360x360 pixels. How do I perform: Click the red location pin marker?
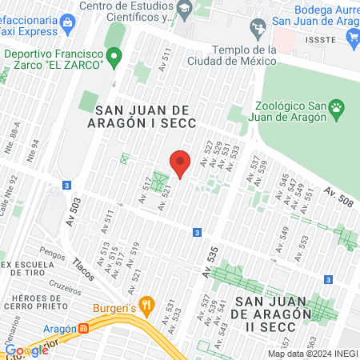click(x=181, y=163)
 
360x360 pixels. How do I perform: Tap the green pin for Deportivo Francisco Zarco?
click(x=114, y=56)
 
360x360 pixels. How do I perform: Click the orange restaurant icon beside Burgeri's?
click(x=146, y=305)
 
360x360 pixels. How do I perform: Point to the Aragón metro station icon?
click(x=84, y=329)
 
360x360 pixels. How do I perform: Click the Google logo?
click(x=26, y=350)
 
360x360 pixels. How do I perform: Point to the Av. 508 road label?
click(x=338, y=195)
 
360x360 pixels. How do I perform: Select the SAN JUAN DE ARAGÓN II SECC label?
click(x=269, y=307)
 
